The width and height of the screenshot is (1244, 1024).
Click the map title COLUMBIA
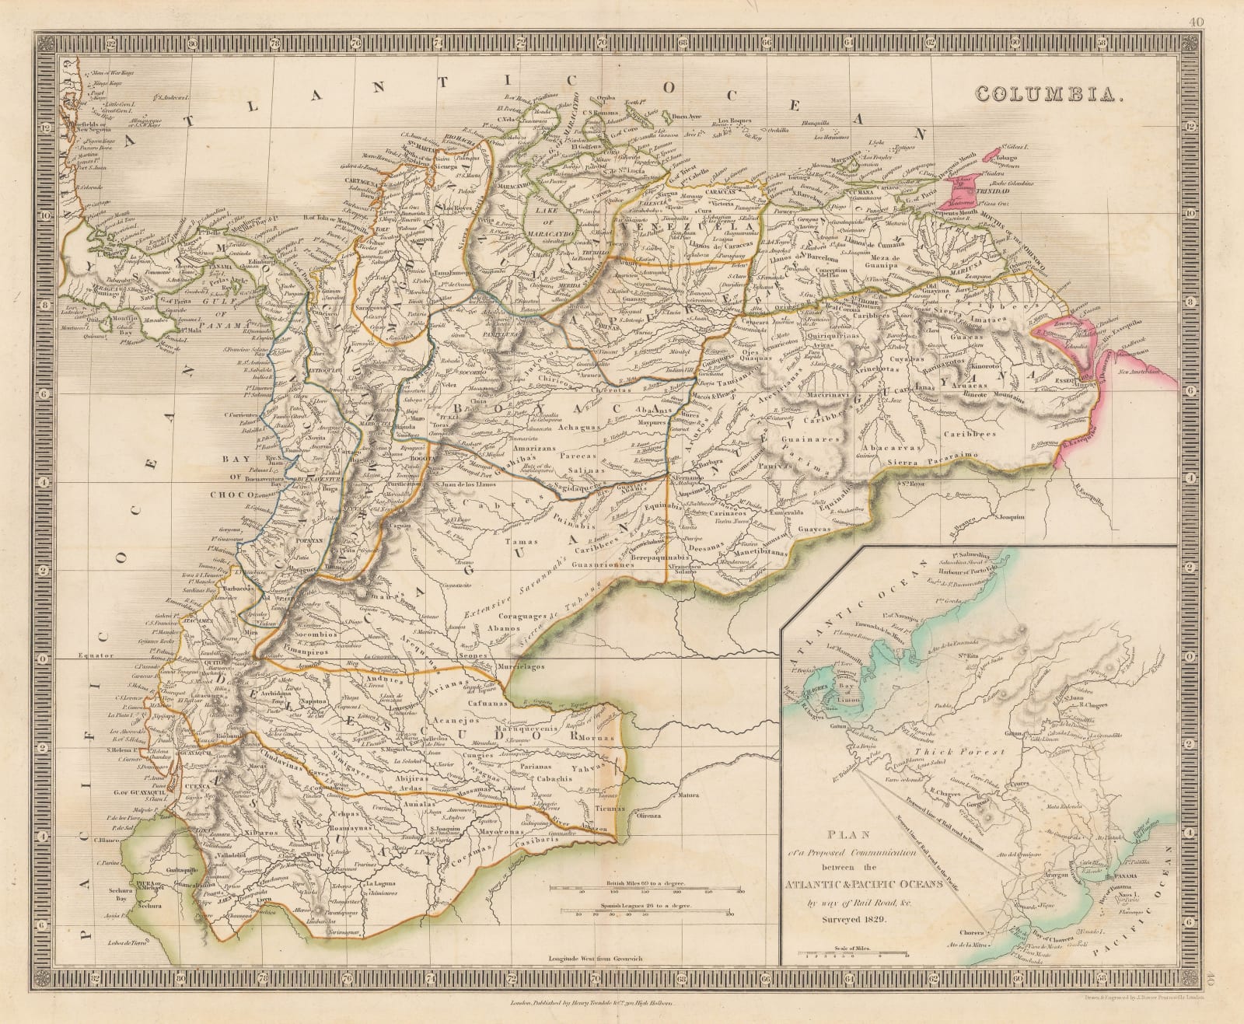pos(1047,94)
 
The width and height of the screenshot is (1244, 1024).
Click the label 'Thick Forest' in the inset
pos(961,752)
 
